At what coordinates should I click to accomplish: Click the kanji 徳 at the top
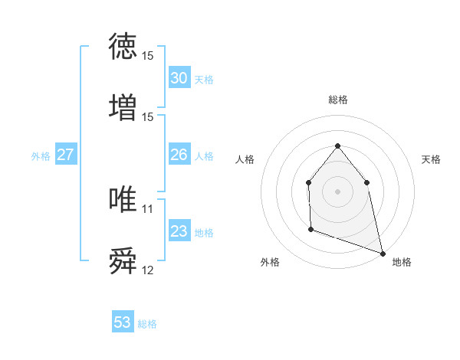123,47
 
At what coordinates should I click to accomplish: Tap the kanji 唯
123,199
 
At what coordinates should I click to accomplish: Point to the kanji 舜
123,261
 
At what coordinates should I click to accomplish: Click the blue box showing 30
179,78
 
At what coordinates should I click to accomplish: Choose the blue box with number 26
179,155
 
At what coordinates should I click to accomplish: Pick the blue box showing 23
179,231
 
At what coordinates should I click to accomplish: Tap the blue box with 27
65,155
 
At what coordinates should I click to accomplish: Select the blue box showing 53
123,322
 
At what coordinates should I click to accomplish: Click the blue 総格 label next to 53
147,324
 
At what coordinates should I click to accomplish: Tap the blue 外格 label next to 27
41,156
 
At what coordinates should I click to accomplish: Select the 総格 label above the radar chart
337,100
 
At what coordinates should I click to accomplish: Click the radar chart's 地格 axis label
402,262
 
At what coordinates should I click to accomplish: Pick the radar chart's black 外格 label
270,262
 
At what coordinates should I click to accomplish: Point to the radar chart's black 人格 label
245,159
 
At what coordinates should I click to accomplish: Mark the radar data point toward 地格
382,253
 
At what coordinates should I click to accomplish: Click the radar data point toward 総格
337,146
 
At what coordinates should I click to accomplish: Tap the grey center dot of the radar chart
337,191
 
